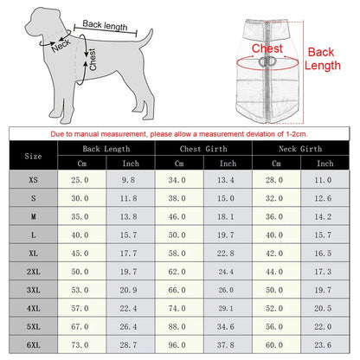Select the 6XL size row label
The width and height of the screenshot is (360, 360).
coord(34,344)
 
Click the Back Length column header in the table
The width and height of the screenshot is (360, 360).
coord(106,149)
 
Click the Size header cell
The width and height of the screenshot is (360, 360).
coord(34,157)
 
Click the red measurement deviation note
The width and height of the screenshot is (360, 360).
coord(180,134)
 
